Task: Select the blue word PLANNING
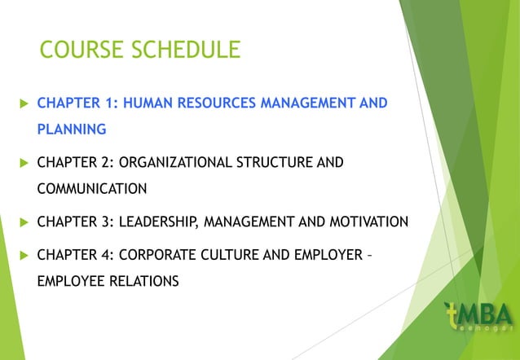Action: [71, 129]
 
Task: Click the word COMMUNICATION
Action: [92, 188]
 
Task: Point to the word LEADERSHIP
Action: [158, 222]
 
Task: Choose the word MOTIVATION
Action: [368, 222]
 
